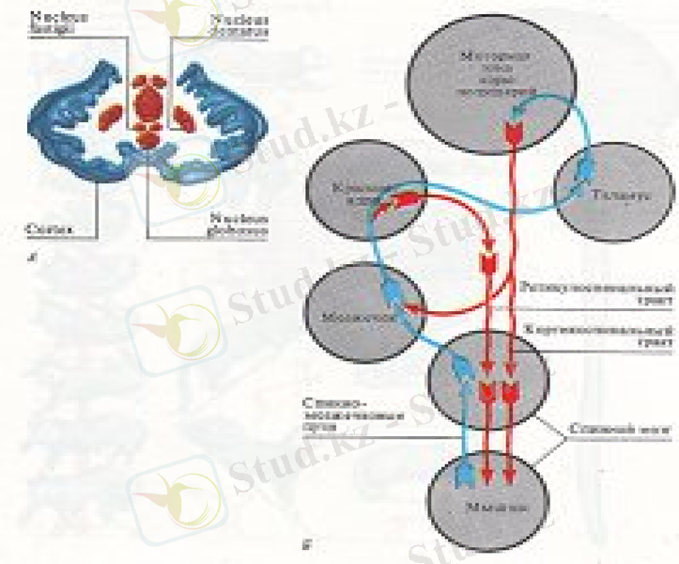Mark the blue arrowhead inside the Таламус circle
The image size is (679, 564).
583,170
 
